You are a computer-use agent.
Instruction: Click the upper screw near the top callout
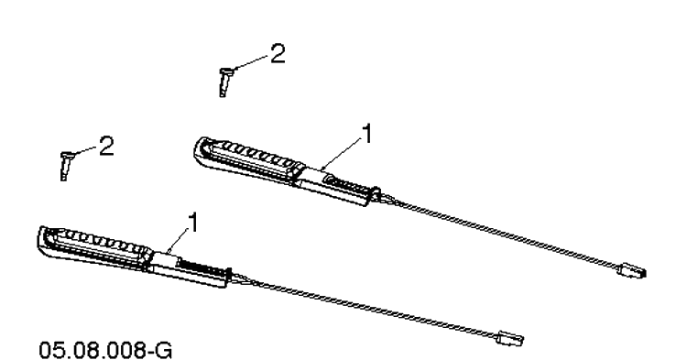click(x=224, y=82)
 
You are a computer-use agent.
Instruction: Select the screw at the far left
click(x=66, y=166)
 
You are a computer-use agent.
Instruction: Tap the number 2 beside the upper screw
click(x=278, y=54)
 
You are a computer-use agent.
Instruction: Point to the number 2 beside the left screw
click(x=106, y=146)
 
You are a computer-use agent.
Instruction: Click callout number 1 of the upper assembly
click(x=367, y=133)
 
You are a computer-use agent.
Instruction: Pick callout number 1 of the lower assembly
click(x=192, y=223)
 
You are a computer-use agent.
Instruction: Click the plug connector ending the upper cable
click(x=632, y=270)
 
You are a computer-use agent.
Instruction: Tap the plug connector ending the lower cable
click(x=509, y=338)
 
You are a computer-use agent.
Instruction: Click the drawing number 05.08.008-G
click(x=105, y=350)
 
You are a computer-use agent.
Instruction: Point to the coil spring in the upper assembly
click(x=348, y=184)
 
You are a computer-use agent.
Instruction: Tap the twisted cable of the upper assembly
click(x=499, y=230)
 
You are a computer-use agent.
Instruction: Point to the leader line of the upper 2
click(x=252, y=61)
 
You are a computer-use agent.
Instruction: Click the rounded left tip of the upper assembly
click(x=198, y=150)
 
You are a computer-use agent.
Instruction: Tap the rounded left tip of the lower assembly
click(x=42, y=239)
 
